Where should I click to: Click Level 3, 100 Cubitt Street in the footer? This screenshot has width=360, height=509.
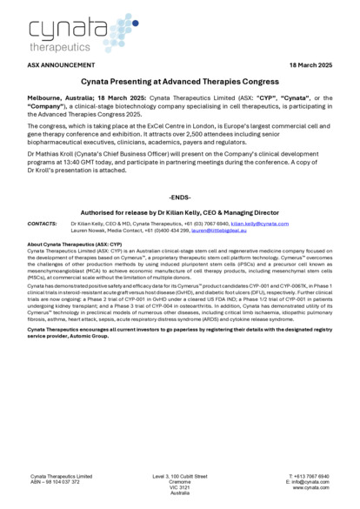tap(180, 476)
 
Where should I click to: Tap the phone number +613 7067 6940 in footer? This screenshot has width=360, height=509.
tap(310, 476)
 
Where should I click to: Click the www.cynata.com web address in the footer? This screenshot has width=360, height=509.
tap(310, 487)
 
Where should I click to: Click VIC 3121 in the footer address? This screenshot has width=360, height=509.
tap(180, 487)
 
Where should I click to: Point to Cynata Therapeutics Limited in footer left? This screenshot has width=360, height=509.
tap(62, 476)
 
